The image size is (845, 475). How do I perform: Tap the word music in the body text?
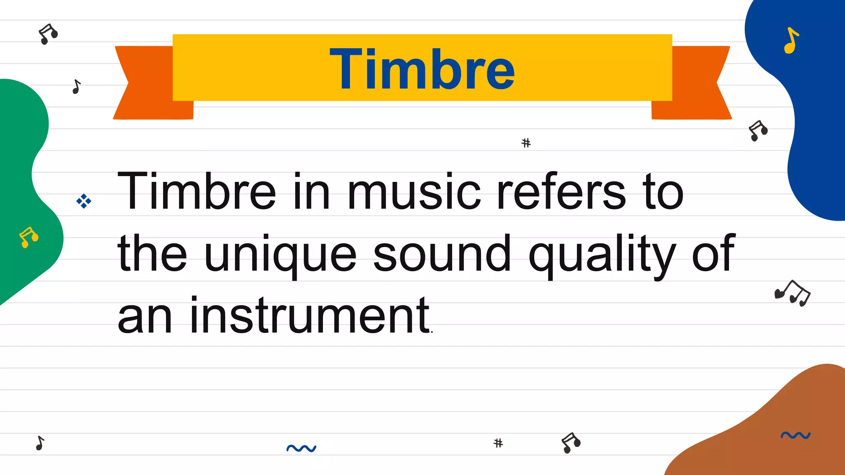414,192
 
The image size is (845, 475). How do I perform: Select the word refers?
561,192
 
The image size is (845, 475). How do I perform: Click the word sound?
442,254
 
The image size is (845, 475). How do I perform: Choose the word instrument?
309,315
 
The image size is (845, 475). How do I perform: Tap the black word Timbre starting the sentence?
196,191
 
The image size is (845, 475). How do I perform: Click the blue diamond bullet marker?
84,201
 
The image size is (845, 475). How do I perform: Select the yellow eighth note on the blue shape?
791,41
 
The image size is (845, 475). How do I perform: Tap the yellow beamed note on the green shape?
28,237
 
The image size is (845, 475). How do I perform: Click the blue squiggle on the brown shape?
795,435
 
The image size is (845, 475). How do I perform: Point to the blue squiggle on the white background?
301,448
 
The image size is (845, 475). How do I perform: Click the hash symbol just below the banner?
526,143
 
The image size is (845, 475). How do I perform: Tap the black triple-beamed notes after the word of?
793,293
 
